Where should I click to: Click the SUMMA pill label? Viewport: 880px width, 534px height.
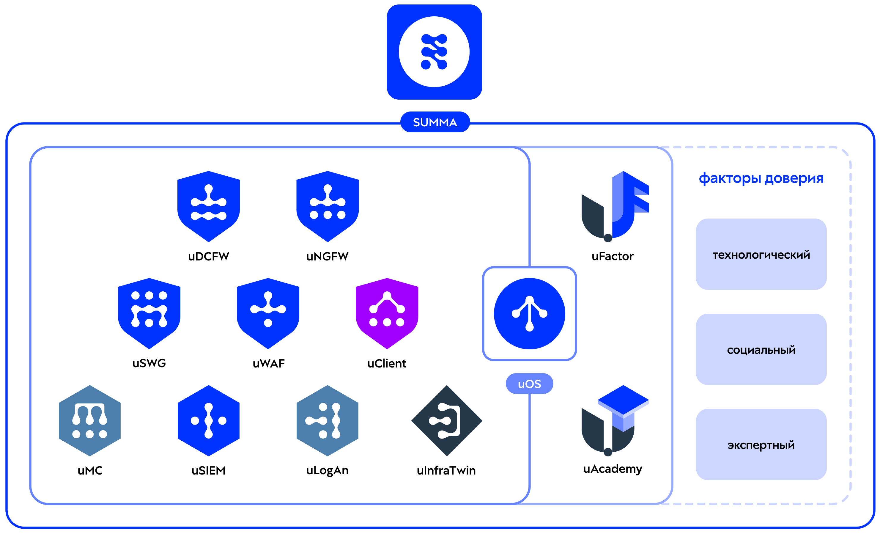click(x=435, y=122)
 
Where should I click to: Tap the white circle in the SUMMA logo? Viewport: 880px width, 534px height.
click(x=434, y=52)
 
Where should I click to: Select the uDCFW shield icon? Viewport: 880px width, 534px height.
click(x=209, y=206)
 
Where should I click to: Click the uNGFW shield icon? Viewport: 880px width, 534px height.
click(x=328, y=206)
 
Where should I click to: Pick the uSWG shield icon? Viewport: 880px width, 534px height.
click(x=149, y=314)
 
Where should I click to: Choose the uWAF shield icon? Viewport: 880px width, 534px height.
click(x=268, y=314)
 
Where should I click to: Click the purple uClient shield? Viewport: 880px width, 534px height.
click(x=387, y=314)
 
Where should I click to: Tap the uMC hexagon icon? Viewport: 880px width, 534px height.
click(x=90, y=421)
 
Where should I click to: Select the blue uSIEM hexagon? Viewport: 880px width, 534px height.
click(x=209, y=421)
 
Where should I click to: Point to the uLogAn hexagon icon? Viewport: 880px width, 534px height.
click(x=328, y=421)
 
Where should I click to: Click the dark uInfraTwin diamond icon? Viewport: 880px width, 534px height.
click(x=447, y=421)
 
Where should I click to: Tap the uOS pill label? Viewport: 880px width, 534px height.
click(x=530, y=384)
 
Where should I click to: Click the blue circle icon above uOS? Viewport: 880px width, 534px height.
click(x=530, y=314)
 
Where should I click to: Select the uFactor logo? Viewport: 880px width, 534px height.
click(x=615, y=206)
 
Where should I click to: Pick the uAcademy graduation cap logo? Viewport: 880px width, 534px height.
click(x=615, y=421)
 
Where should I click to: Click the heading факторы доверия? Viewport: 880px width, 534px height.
click(x=761, y=178)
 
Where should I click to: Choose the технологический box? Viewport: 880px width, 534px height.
click(x=761, y=254)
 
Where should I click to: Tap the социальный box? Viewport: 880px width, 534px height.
click(x=761, y=349)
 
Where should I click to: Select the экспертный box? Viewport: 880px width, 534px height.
click(x=761, y=445)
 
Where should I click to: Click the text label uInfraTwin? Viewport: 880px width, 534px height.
click(x=446, y=470)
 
